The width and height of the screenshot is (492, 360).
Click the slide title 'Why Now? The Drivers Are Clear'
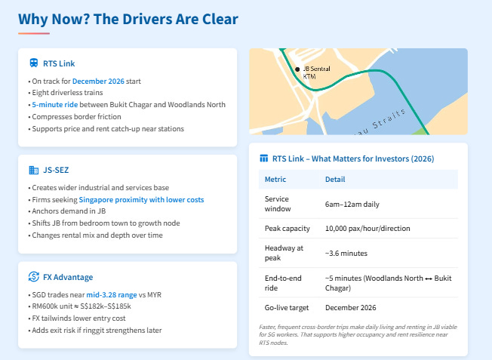coord(128,19)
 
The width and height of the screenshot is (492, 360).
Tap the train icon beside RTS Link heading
coord(34,64)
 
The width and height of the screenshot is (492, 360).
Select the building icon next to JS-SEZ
coord(34,171)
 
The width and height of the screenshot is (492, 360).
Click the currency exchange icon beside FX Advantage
coord(34,277)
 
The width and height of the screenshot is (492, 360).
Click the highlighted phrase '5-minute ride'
coord(57,105)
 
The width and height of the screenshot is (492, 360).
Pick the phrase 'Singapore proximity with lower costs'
coord(141,199)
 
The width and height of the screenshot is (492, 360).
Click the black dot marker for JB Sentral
coord(297,69)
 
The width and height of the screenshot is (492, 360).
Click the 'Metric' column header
coord(275,180)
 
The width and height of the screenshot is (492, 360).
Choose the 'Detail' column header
coord(335,180)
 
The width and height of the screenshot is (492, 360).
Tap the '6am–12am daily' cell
coord(352,204)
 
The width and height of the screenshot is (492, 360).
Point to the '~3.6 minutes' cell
coord(346,253)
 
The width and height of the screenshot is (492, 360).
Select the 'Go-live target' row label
coord(287,308)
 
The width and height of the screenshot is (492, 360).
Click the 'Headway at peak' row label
coord(283,253)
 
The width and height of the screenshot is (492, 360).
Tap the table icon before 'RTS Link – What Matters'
coord(263,158)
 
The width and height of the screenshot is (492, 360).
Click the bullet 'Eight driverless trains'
coord(69,93)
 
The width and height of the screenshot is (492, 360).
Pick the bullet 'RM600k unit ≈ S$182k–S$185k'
coord(81,306)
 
